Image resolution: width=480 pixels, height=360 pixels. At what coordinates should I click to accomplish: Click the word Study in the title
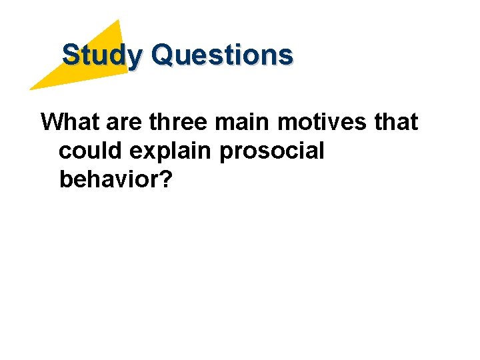(101, 55)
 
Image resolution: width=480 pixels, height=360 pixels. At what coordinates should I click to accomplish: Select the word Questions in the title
(222, 55)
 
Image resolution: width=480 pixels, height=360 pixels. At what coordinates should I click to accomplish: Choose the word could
(91, 151)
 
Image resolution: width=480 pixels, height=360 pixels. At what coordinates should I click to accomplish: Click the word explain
(171, 152)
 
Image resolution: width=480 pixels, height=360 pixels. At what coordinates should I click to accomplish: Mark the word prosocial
(271, 152)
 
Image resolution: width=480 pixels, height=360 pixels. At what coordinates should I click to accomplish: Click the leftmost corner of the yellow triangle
(29, 89)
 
